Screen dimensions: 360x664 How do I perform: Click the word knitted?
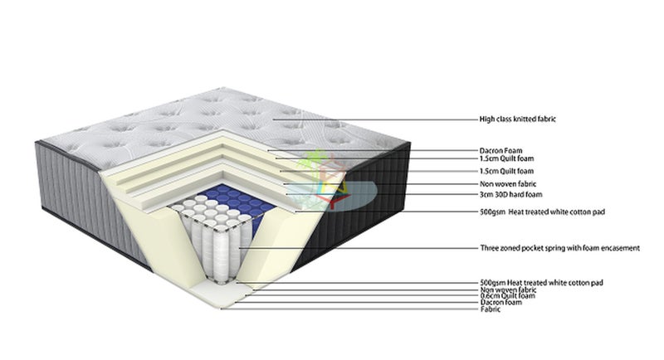523,119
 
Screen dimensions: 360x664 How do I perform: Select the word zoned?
508,248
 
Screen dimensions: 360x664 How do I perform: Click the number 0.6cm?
490,296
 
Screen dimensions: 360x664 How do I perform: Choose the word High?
487,119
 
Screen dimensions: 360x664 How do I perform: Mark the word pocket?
530,248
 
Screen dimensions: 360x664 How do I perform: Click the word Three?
489,248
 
